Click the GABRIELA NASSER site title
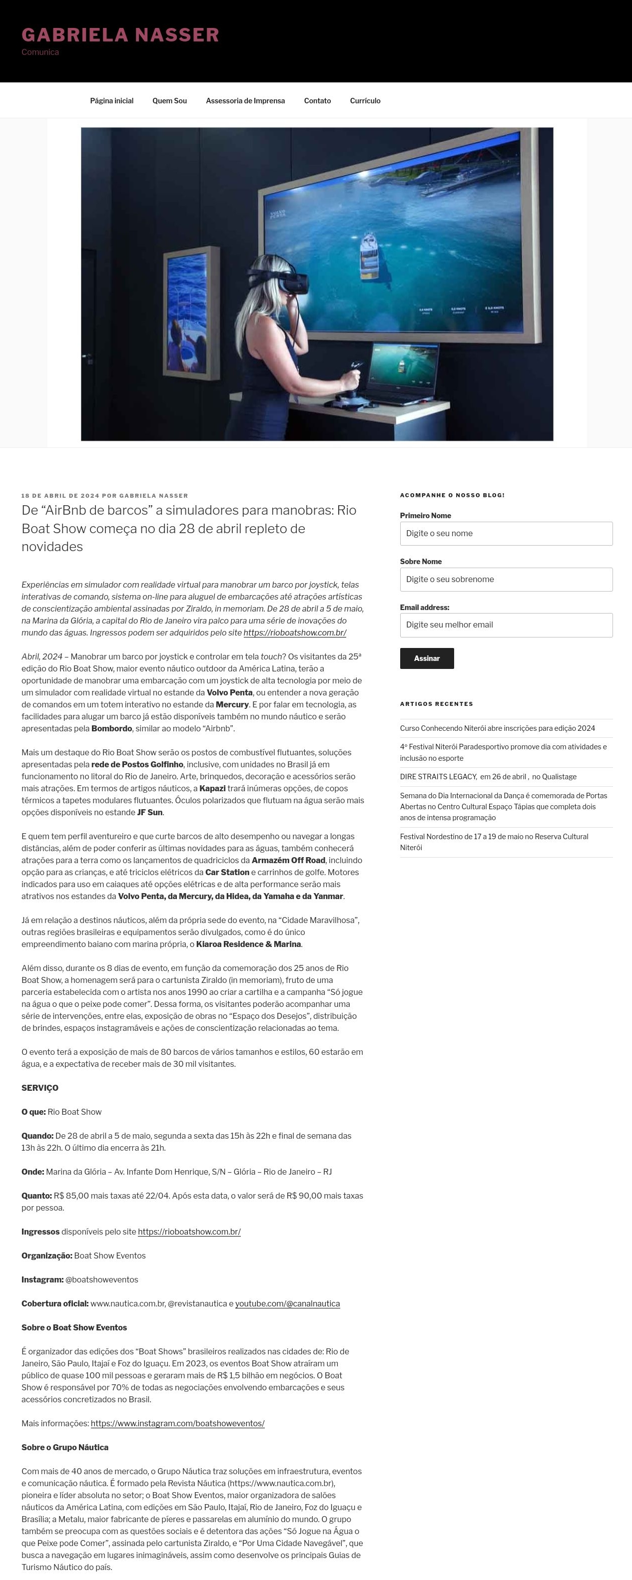(x=120, y=35)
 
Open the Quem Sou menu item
(x=169, y=100)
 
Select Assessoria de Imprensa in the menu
(x=245, y=100)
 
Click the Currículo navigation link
(x=365, y=100)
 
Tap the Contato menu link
(x=317, y=100)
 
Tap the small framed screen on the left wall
(x=192, y=313)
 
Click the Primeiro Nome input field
(x=506, y=534)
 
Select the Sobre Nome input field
(x=506, y=579)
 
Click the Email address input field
(x=506, y=625)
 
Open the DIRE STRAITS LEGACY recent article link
(x=488, y=776)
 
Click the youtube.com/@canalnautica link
(x=287, y=1303)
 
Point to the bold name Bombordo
(x=112, y=729)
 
